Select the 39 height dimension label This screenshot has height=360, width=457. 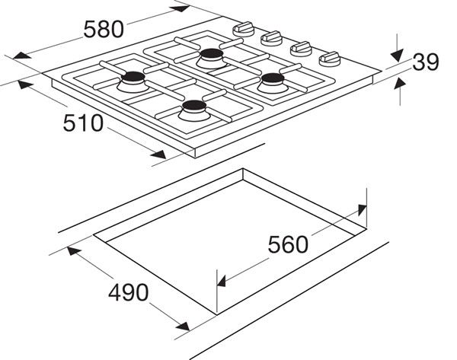(426, 62)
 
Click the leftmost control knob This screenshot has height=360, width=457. (245, 27)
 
